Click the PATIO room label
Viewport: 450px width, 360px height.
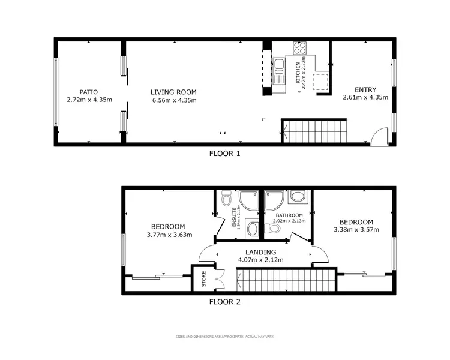[x=89, y=92]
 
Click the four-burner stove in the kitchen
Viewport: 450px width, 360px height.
[x=299, y=47]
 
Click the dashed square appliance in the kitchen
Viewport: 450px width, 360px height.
[x=322, y=81]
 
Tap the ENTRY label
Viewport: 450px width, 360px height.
[x=365, y=89]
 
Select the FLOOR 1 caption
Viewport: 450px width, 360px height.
[x=224, y=154]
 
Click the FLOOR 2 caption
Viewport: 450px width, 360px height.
[x=224, y=302]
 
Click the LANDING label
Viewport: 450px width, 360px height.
[x=260, y=252]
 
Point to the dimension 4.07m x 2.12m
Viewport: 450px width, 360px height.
[x=260, y=260]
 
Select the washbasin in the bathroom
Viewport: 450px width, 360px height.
[x=298, y=196]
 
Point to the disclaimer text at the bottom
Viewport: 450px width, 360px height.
[x=224, y=337]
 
